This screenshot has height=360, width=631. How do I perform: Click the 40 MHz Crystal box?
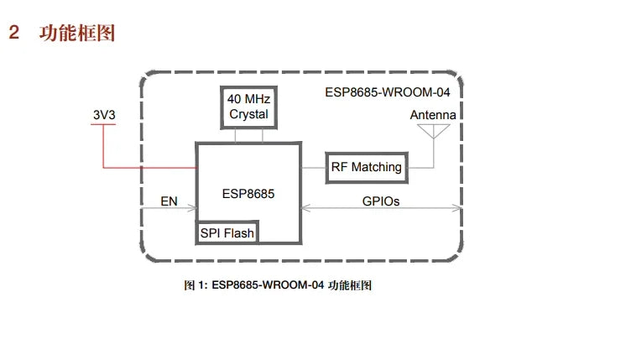(x=248, y=107)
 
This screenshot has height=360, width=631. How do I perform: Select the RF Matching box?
(x=366, y=167)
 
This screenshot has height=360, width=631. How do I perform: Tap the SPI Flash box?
(x=227, y=232)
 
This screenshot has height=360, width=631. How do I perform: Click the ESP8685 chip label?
(x=248, y=193)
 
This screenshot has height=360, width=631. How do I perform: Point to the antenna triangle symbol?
(x=433, y=131)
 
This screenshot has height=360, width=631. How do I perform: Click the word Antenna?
(x=433, y=114)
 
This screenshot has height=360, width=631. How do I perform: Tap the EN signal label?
(x=169, y=201)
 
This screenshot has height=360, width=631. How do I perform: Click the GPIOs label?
(x=380, y=201)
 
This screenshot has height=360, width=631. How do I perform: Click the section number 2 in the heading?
(x=13, y=34)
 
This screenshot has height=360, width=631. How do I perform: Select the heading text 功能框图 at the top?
(x=77, y=34)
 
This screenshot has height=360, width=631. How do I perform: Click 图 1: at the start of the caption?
(x=196, y=285)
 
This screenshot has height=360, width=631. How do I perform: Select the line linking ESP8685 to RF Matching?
(x=312, y=167)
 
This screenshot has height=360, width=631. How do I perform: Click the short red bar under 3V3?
(x=103, y=126)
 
